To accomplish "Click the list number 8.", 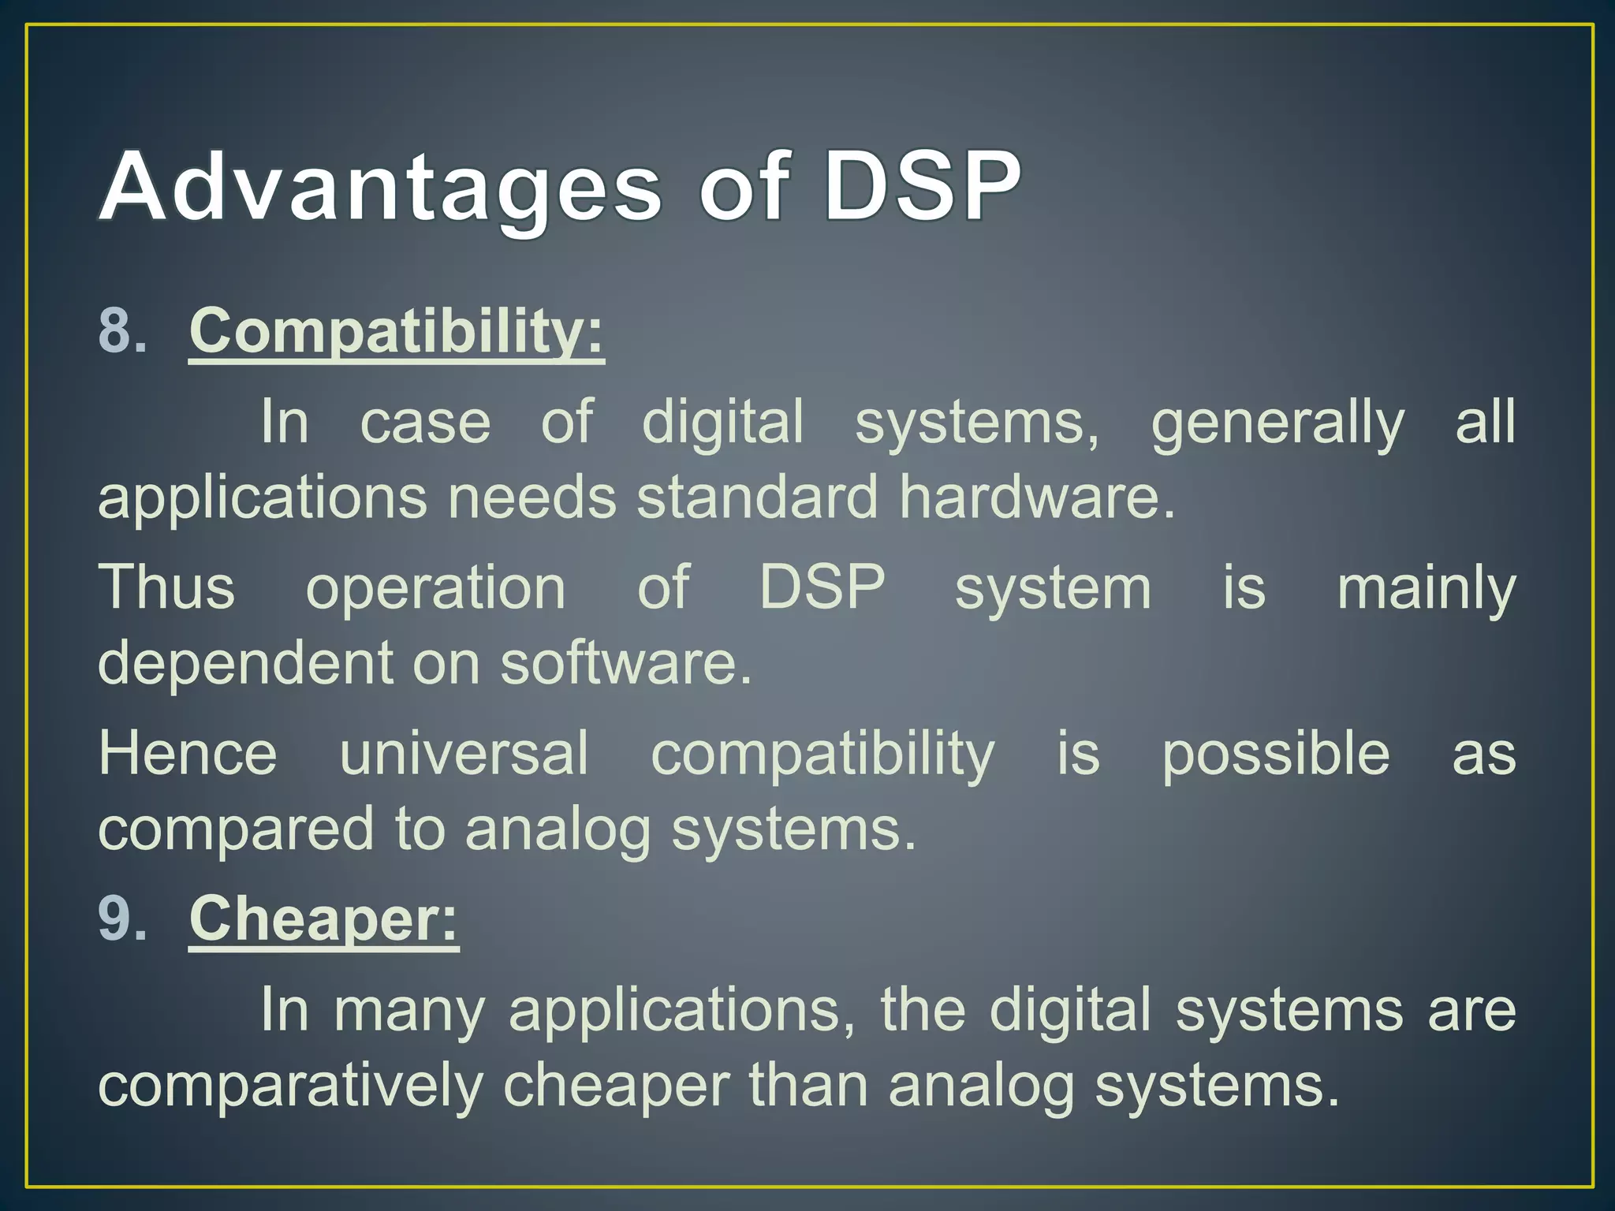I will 122,331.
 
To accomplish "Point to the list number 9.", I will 122,918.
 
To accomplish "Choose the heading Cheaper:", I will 323,918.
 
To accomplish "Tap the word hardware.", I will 1037,498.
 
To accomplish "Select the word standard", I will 757,498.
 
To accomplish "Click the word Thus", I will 166,587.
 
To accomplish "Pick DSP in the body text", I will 822,587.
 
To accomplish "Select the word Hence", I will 188,753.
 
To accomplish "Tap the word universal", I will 464,753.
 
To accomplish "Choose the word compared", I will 235,830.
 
